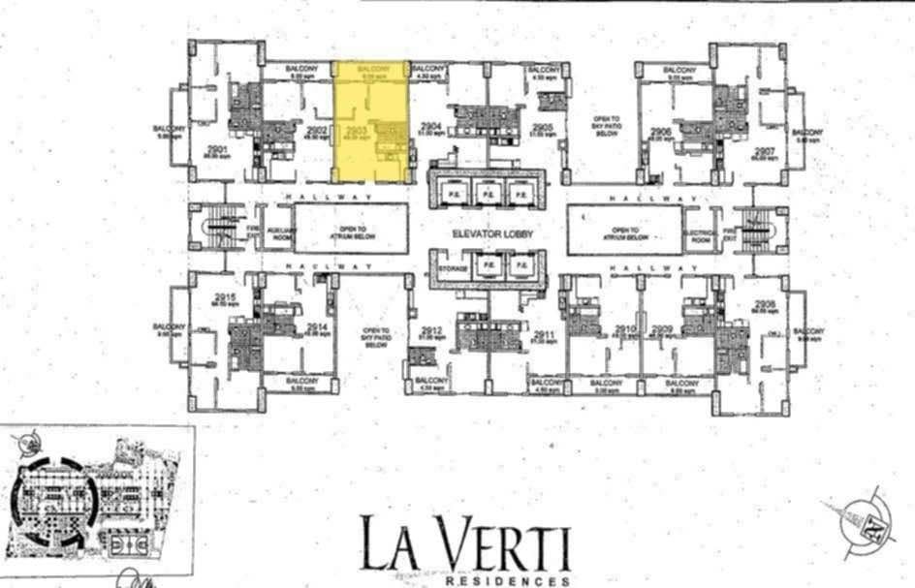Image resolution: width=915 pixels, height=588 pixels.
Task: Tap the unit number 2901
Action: (217, 148)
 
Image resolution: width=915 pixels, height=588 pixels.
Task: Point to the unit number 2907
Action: (765, 151)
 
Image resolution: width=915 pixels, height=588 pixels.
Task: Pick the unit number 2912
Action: (432, 332)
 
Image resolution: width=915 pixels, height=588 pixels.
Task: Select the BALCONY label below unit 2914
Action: (302, 382)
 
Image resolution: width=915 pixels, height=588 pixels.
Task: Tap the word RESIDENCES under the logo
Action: (507, 581)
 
